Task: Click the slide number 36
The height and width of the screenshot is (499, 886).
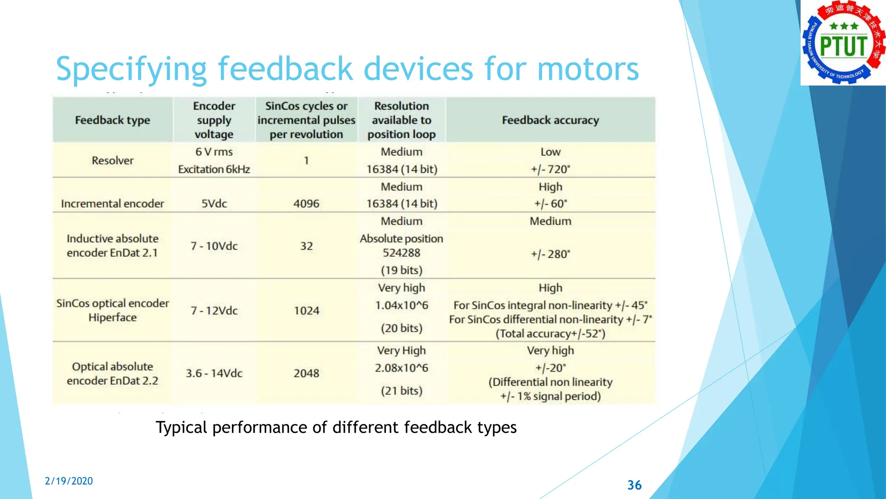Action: [x=634, y=485]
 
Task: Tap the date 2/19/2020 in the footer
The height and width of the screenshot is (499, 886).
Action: [x=69, y=481]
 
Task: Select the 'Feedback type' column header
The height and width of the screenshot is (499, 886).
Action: [x=112, y=120]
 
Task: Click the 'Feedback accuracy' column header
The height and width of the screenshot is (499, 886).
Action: [x=550, y=120]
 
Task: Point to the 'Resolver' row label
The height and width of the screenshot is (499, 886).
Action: [x=112, y=160]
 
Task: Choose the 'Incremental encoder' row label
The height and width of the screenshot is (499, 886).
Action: [x=112, y=204]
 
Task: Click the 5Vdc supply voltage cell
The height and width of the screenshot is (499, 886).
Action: [x=214, y=204]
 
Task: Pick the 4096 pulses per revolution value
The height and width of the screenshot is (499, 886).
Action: [x=306, y=204]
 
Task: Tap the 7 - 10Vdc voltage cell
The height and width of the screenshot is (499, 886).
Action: [x=214, y=246]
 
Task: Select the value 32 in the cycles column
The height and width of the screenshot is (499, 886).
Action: [x=306, y=246]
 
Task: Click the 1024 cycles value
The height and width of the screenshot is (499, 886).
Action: [x=306, y=311]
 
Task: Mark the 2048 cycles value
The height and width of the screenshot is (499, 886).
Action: [x=306, y=373]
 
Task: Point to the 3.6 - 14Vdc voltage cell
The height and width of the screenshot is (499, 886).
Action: [x=214, y=373]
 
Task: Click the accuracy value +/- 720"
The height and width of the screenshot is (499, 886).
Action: [x=550, y=169]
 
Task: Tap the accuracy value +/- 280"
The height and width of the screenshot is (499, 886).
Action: [x=550, y=254]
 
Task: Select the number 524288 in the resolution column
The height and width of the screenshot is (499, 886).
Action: [x=401, y=253]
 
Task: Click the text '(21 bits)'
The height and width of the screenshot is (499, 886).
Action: [x=401, y=391]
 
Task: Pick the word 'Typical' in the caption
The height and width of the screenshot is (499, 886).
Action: [x=181, y=428]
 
